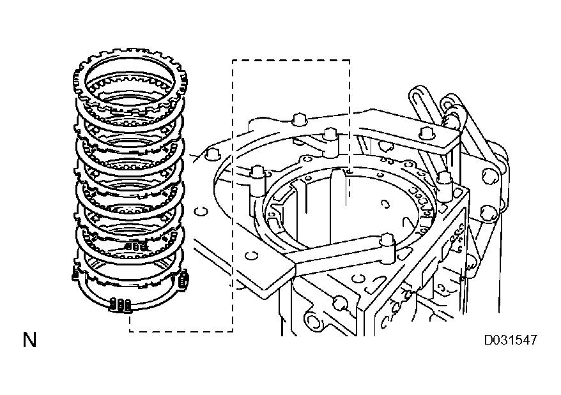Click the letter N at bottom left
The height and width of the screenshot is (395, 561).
click(x=29, y=339)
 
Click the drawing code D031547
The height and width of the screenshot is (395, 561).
click(x=509, y=339)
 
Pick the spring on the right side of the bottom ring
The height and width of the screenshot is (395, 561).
click(x=185, y=279)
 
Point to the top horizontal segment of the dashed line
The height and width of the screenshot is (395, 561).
click(x=291, y=61)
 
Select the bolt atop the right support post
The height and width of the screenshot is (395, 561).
click(x=446, y=177)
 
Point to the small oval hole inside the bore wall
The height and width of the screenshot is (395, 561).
click(x=385, y=204)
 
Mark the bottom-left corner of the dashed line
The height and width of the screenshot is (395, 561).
click(x=130, y=331)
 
